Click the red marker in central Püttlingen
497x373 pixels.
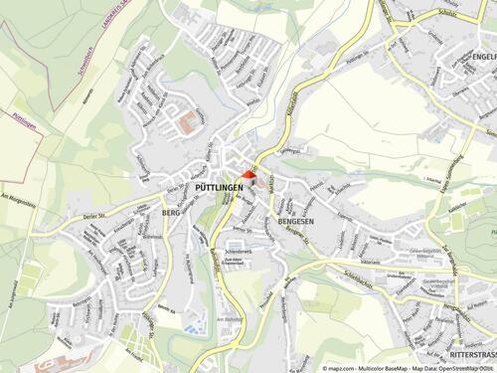[x=248, y=175]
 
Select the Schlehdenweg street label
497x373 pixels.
[x=240, y=253]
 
